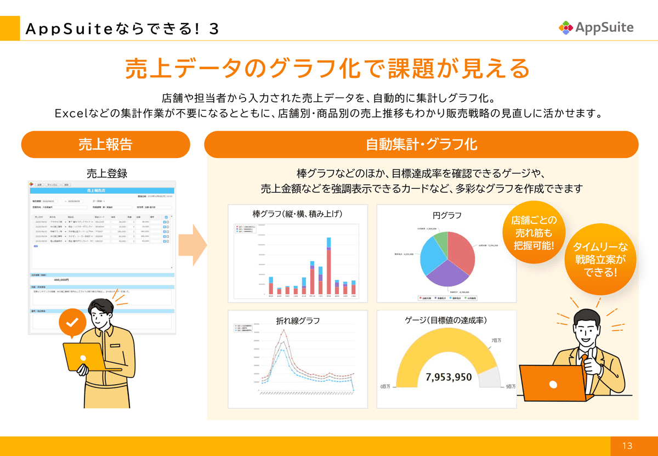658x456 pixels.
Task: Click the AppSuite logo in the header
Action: [x=596, y=27]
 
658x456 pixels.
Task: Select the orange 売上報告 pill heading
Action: [x=105, y=144]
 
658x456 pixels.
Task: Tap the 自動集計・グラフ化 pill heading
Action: [x=421, y=144]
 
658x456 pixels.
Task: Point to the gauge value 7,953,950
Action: [x=449, y=377]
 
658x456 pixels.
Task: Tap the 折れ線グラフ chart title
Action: [x=298, y=321]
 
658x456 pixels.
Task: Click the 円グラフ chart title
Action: [x=447, y=215]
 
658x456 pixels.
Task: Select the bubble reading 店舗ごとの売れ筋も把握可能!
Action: [x=534, y=232]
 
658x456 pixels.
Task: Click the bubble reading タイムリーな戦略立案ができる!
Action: [x=600, y=258]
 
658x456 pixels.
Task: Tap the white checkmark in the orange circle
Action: [x=72, y=323]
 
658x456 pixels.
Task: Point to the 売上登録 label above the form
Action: [x=107, y=173]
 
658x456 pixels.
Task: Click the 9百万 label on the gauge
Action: [x=510, y=386]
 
